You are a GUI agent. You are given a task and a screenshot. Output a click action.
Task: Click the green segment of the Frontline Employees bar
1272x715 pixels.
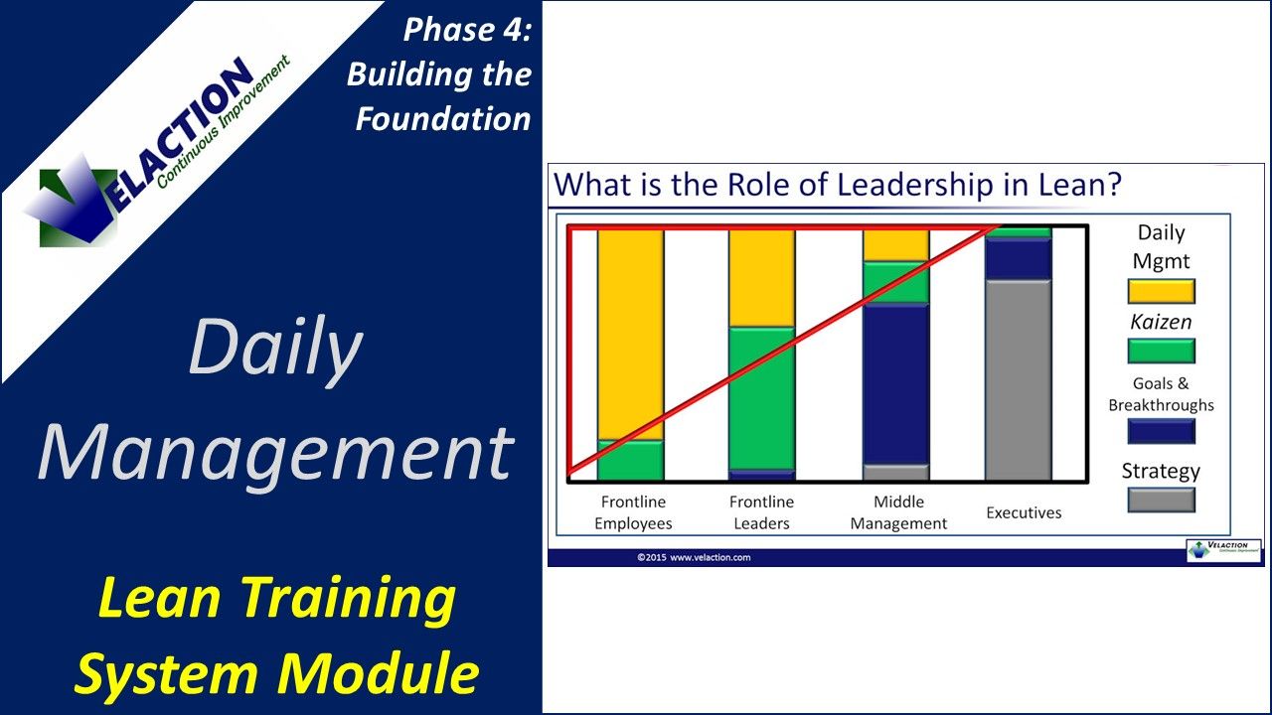630,461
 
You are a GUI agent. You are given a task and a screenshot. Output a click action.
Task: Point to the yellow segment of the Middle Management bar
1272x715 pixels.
895,244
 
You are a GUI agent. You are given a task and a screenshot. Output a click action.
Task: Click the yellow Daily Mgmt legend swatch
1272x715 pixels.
1161,291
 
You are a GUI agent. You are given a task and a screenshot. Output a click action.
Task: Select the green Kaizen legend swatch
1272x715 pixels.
1161,351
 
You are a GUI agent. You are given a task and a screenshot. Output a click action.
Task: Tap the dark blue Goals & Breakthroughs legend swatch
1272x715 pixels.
1161,431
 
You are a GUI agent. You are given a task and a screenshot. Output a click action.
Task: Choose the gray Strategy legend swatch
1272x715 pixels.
1161,500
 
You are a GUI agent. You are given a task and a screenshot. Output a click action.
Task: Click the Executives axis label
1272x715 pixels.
1024,512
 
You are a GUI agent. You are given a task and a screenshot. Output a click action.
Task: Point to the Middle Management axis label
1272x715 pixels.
898,512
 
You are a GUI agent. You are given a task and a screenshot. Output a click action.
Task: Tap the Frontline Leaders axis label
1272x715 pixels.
760,512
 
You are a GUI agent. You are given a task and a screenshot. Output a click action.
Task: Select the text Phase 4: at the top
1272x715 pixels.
467,30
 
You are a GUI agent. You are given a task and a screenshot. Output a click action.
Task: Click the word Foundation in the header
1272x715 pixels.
443,118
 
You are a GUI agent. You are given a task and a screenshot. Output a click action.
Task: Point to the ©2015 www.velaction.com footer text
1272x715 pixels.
694,557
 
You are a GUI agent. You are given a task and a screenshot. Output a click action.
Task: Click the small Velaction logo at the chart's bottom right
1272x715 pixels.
1223,551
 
